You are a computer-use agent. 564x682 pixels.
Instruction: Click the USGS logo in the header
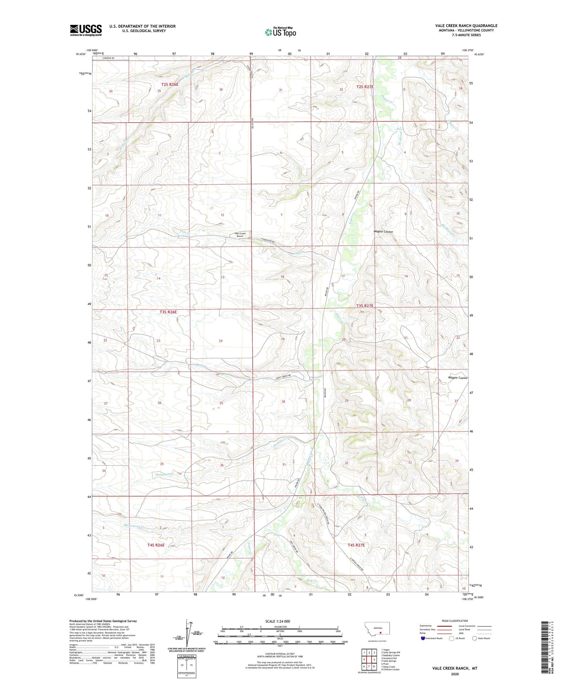[86, 30]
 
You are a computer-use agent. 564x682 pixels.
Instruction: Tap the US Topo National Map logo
[280, 32]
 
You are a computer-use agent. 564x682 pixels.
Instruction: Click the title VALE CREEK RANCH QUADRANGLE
[466, 26]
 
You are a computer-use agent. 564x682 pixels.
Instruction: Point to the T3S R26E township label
[168, 312]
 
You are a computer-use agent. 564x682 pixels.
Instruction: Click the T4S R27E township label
[356, 545]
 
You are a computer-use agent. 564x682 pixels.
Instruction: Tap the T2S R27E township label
[365, 87]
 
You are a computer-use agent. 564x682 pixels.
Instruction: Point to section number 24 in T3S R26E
[221, 341]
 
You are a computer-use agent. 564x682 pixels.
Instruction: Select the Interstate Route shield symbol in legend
[423, 638]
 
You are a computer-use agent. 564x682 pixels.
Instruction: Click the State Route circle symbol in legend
[475, 638]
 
